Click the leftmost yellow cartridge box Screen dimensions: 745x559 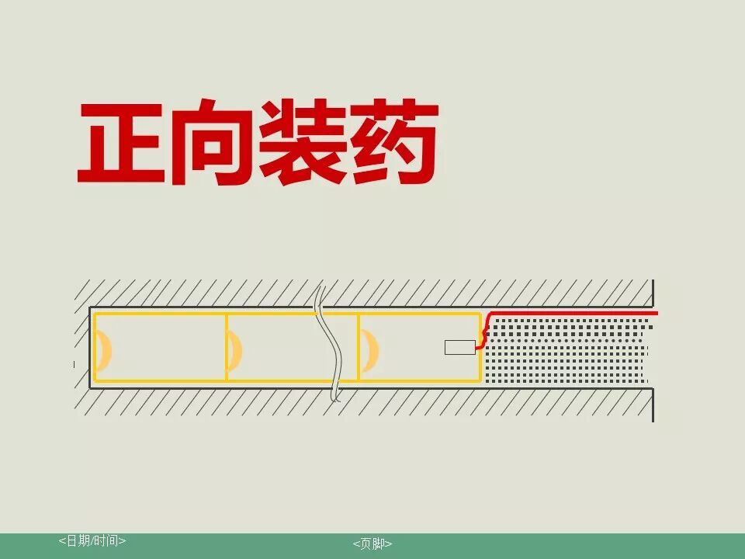click(160, 347)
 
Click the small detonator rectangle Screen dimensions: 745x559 click(459, 347)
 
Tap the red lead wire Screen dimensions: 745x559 click(574, 314)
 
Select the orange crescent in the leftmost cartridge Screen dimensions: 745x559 click(103, 349)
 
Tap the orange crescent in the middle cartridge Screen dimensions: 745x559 click(234, 349)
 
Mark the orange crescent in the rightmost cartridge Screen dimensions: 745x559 click(369, 349)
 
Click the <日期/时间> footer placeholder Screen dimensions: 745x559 click(92, 540)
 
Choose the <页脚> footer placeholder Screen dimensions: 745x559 click(372, 543)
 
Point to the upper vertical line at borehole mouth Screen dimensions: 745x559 click(653, 293)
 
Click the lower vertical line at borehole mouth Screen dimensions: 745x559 click(653, 404)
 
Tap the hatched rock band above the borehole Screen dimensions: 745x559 click(365, 293)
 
